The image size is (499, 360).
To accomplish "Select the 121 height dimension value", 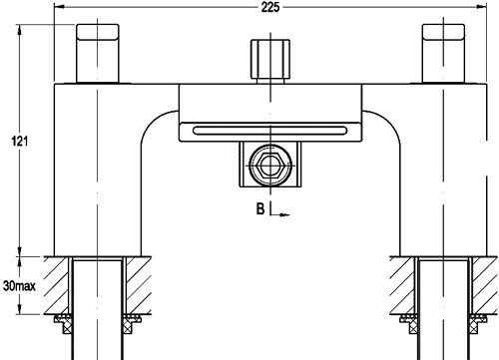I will point(17,140).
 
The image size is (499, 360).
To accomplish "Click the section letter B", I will point(259,210).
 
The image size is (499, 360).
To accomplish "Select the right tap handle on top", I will point(446,54).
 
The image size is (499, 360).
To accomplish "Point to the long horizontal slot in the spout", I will point(270,129).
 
